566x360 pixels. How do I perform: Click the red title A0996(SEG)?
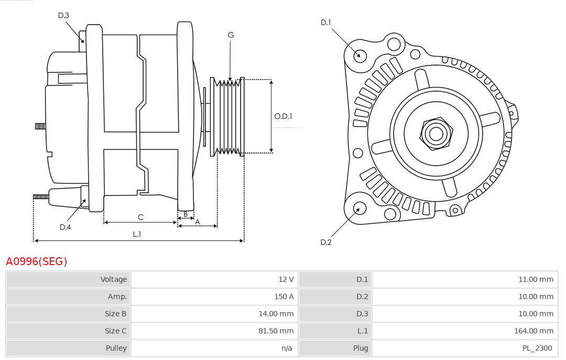tap(37, 261)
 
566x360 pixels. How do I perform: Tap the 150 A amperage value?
tap(284, 297)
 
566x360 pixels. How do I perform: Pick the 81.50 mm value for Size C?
tap(276, 331)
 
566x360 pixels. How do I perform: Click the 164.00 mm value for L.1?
tap(534, 331)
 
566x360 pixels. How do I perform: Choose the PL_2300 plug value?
tap(537, 348)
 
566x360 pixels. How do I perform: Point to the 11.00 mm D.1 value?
tap(536, 279)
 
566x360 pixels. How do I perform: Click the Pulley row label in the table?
tap(116, 348)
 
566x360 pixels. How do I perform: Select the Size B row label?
tap(115, 314)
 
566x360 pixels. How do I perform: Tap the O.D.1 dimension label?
tap(283, 116)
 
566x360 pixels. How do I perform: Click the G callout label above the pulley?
tap(231, 35)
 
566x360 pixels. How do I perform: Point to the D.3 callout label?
tap(63, 15)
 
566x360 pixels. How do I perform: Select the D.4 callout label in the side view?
tap(65, 227)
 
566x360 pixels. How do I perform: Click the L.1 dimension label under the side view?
tap(137, 234)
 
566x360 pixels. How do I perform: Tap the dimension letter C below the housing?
tap(141, 217)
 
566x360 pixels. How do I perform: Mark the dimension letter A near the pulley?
tap(198, 222)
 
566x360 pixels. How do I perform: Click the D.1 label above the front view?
tap(325, 23)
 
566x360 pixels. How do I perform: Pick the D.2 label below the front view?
tap(325, 242)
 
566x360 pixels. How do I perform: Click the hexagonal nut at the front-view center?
tap(436, 133)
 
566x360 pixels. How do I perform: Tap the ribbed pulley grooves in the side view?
tap(227, 117)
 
